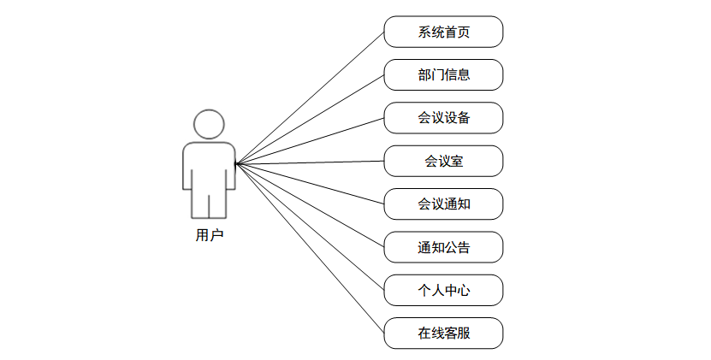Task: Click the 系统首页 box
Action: [x=443, y=32]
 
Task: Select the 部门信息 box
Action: [x=443, y=74]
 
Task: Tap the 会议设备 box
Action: [x=443, y=118]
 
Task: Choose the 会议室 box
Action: [x=443, y=161]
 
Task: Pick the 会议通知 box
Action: [x=443, y=204]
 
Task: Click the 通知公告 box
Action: [x=443, y=247]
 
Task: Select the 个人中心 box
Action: [x=443, y=290]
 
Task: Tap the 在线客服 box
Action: [x=443, y=333]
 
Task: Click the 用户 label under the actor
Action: [x=209, y=235]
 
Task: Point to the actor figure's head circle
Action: [x=209, y=124]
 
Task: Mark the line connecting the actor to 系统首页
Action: [x=310, y=97]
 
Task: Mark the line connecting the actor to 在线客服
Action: [x=310, y=248]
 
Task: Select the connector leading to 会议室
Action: [x=310, y=162]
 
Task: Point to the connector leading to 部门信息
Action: [x=310, y=119]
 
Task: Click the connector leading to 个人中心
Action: [x=310, y=227]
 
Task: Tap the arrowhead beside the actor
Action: [x=238, y=163]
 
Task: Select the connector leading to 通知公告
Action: [x=310, y=205]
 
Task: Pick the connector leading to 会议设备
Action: [x=310, y=140]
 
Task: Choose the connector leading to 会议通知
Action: [x=310, y=183]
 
